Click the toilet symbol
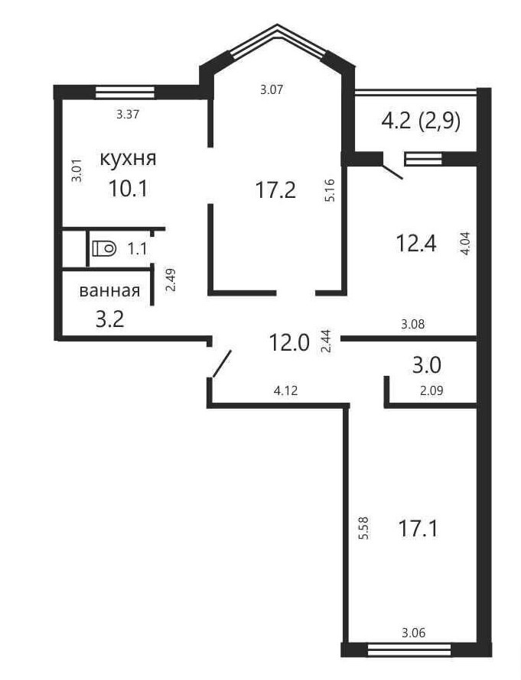click(x=105, y=248)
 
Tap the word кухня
click(x=128, y=159)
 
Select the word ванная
click(x=110, y=290)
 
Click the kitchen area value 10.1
click(x=128, y=189)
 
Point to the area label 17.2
click(x=275, y=190)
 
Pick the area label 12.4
click(x=416, y=243)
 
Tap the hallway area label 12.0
click(x=289, y=342)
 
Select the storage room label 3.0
click(x=426, y=364)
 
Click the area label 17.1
click(x=417, y=529)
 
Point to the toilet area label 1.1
click(x=137, y=249)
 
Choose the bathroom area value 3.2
click(x=110, y=319)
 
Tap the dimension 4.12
click(x=285, y=390)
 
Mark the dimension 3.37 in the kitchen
click(x=128, y=115)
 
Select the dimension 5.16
click(x=330, y=190)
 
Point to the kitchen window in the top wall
click(x=125, y=92)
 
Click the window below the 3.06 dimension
click(x=409, y=649)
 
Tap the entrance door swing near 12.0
click(x=221, y=364)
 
